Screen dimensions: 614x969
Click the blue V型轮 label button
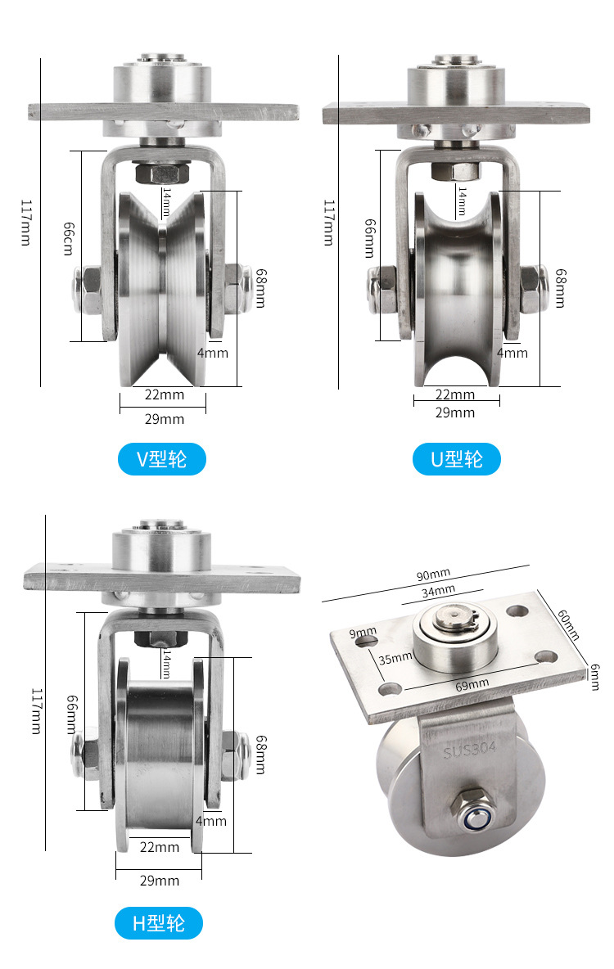coord(161,459)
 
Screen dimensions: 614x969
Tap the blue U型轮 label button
coord(456,459)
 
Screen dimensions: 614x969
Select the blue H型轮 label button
coord(159,923)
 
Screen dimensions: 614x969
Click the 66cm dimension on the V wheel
coord(69,238)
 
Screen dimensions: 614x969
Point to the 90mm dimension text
coord(433,575)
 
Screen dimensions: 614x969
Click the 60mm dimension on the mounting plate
coord(568,624)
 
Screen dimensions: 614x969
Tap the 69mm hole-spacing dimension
coord(472,685)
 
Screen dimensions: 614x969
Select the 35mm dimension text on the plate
coord(395,658)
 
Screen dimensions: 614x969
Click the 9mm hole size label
coord(363,632)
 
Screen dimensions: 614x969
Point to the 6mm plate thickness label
coord(594,677)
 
